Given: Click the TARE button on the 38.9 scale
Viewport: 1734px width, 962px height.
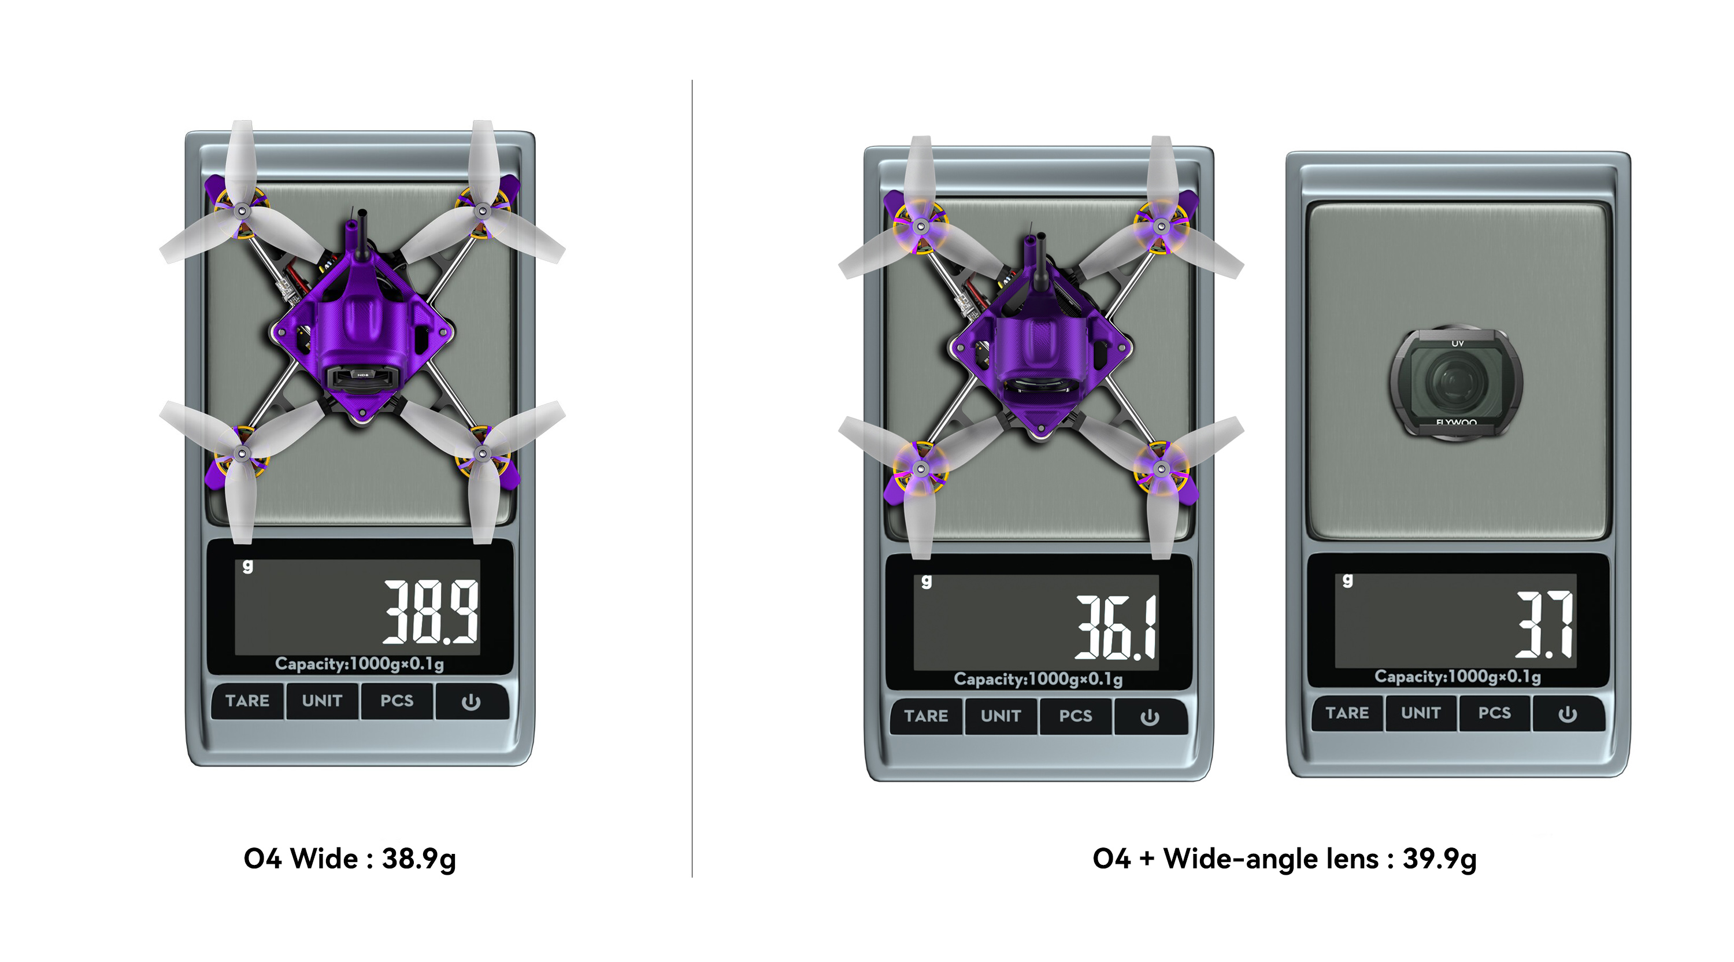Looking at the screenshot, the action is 247,701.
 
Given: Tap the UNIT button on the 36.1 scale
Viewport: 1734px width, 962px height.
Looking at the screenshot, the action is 1001,716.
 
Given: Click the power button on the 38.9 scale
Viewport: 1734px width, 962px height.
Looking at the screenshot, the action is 471,701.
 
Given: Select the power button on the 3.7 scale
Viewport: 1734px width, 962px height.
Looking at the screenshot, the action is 1568,713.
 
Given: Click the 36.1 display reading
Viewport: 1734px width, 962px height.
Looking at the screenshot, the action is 1116,627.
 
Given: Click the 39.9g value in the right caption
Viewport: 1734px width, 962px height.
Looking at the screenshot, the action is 1440,859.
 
